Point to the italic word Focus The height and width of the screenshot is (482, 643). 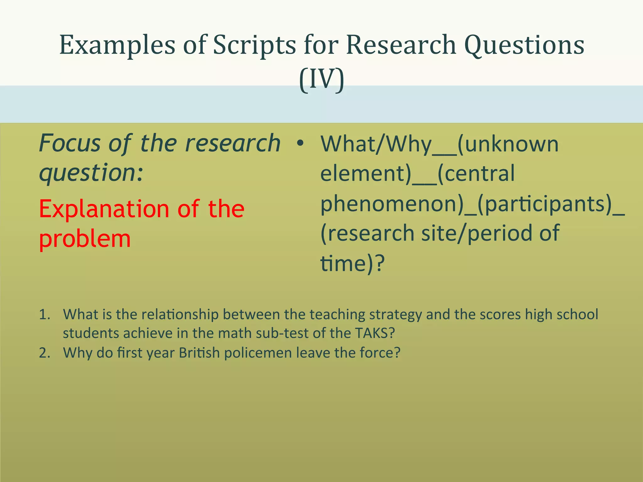pos(70,143)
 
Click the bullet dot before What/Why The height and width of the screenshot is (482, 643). pos(300,143)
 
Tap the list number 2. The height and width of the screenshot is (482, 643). pos(45,353)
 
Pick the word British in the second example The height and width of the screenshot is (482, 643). pos(199,353)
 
